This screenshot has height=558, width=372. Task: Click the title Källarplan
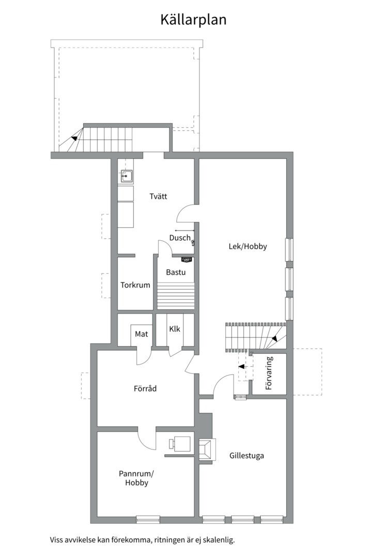[x=193, y=20]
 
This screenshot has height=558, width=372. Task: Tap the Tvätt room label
[x=158, y=196]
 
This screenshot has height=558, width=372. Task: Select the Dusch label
[x=180, y=238]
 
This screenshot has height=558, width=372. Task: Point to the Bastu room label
[x=176, y=272]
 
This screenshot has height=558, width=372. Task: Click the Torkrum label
[x=135, y=285]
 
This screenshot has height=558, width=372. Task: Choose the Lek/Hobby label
[x=247, y=246]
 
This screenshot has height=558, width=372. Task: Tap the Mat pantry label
[x=141, y=334]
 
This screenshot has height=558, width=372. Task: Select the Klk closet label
[x=175, y=329]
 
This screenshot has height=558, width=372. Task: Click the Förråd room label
[x=145, y=389]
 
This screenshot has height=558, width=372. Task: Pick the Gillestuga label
[x=247, y=456]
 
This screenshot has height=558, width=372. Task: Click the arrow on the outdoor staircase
[x=74, y=138]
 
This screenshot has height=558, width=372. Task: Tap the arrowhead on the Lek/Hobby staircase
[x=275, y=339]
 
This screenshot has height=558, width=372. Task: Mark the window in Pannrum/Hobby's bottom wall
[x=148, y=519]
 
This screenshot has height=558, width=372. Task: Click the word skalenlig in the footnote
[x=219, y=540]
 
